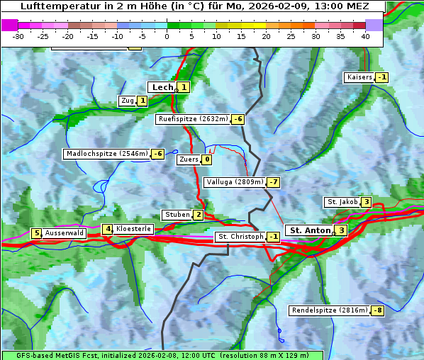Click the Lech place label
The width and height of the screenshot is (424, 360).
click(162, 87)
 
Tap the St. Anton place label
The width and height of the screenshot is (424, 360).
click(310, 230)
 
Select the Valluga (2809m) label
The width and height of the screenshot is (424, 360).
click(235, 182)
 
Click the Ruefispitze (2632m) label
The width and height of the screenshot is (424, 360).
click(193, 119)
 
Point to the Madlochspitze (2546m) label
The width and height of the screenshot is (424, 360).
click(106, 154)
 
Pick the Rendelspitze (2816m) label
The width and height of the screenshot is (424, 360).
click(330, 310)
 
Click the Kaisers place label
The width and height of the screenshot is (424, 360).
click(359, 77)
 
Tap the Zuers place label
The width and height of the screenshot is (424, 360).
click(188, 159)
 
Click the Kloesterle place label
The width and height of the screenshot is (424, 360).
click(133, 229)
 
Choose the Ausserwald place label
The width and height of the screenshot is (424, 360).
click(65, 233)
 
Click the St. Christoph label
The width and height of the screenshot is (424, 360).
click(240, 237)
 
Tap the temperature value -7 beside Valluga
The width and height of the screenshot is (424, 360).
click(274, 182)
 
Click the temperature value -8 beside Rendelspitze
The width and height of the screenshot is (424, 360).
click(378, 310)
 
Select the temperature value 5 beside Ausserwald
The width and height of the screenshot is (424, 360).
click(35, 233)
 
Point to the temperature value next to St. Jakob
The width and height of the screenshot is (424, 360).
click(366, 202)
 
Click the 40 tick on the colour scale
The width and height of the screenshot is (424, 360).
click(365, 36)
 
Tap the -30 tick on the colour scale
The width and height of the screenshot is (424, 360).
click(18, 36)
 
